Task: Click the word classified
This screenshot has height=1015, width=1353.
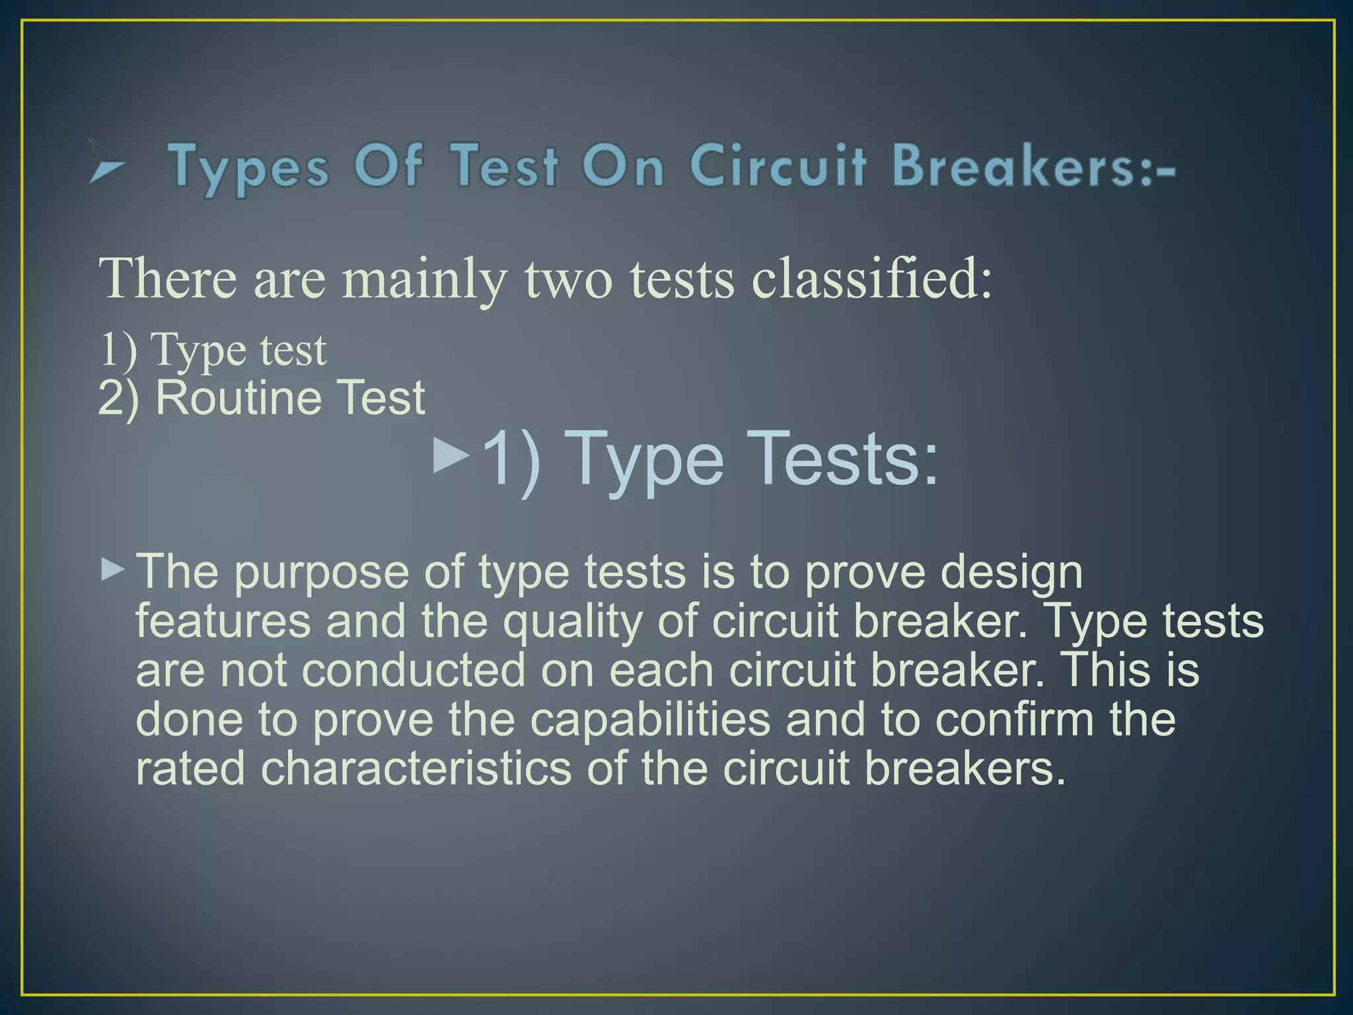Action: (872, 279)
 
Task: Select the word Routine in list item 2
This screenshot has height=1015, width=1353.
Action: (238, 398)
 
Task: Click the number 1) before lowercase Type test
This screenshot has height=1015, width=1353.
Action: (119, 349)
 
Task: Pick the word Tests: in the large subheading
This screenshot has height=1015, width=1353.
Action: (846, 457)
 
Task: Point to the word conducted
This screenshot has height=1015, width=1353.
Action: (414, 670)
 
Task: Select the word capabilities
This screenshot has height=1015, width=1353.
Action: (650, 719)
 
